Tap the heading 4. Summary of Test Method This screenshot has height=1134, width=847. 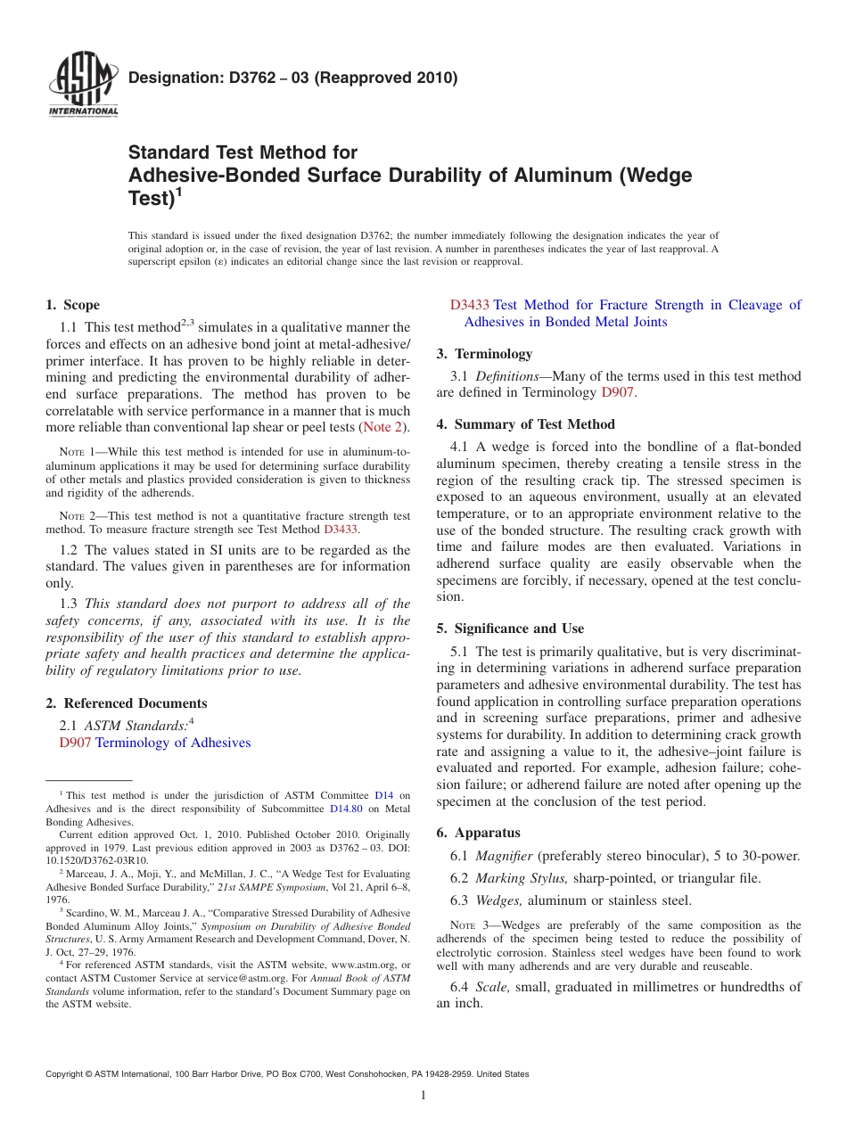(x=525, y=424)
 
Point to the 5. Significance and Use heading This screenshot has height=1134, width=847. (x=510, y=629)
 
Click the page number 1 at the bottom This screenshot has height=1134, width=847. (x=423, y=1096)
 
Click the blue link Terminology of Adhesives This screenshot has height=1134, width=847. (x=173, y=743)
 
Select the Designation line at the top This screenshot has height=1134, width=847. (x=293, y=78)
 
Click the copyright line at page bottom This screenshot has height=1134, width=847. (x=287, y=1074)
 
